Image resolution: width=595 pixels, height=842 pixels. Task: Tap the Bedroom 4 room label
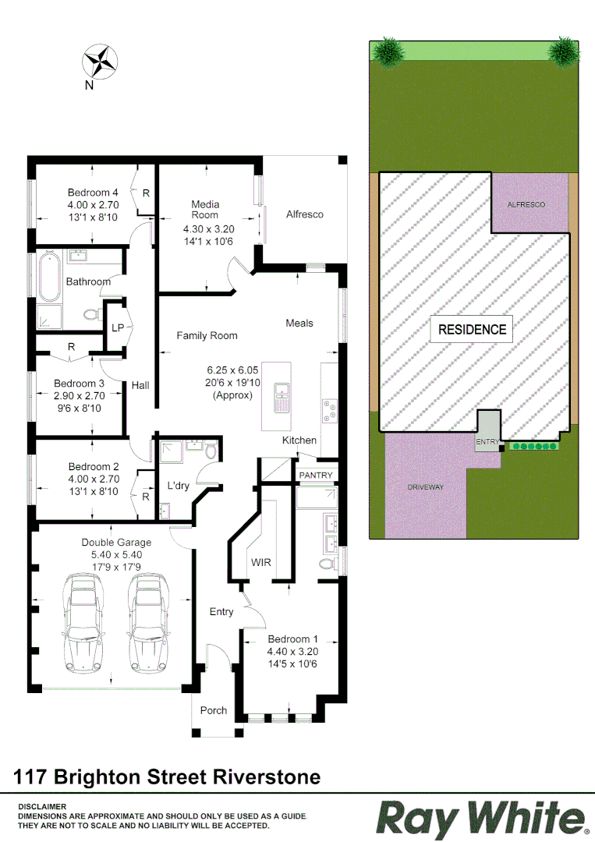[x=93, y=193]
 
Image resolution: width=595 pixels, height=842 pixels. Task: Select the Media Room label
[x=205, y=210]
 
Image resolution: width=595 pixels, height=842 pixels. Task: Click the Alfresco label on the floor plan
[x=304, y=214]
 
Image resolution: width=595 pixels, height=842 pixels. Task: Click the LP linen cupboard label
[x=118, y=328]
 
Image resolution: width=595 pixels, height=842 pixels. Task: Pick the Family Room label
[x=207, y=335]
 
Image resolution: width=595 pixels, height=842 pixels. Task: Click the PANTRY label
[x=316, y=475]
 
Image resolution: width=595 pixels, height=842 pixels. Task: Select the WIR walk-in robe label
[x=260, y=561]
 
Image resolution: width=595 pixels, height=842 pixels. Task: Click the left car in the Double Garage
[x=83, y=616]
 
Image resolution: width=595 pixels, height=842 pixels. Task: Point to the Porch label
[x=214, y=710]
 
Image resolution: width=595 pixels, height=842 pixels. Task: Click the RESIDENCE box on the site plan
[x=472, y=329]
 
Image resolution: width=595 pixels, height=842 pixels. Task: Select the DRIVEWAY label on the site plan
[x=425, y=487]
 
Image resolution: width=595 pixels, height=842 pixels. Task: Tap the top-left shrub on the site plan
[x=388, y=51]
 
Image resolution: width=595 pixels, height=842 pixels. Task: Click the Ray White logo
[x=481, y=819]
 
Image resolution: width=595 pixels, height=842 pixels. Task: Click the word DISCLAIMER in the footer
[x=42, y=806]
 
